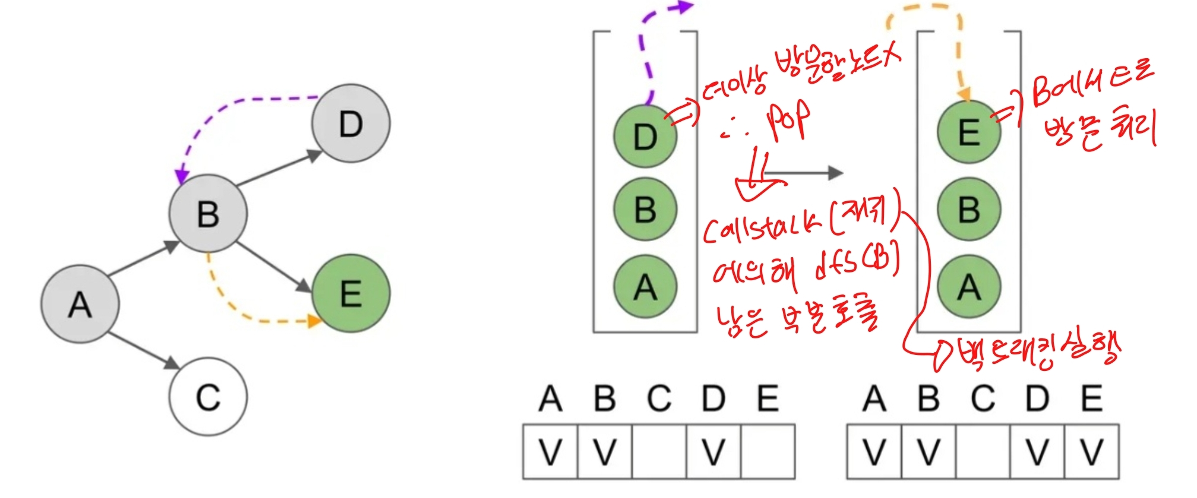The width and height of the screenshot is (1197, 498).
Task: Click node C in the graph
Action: click(x=208, y=397)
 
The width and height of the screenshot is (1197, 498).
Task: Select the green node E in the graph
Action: click(x=350, y=293)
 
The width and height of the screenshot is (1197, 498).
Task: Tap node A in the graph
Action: click(x=80, y=304)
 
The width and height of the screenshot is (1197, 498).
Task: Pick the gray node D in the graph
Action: click(x=350, y=123)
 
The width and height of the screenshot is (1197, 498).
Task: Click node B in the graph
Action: click(x=208, y=214)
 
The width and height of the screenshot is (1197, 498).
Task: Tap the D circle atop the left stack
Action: click(x=645, y=137)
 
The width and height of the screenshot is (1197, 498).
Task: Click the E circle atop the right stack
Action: click(x=969, y=132)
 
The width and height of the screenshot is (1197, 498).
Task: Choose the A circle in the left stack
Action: click(x=645, y=287)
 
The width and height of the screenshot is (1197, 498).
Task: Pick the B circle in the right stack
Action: click(x=969, y=209)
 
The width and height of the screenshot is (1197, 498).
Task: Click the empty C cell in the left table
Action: click(x=659, y=451)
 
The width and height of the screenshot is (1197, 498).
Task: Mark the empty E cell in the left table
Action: click(x=768, y=451)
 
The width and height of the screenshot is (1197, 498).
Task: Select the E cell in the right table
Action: click(x=1091, y=451)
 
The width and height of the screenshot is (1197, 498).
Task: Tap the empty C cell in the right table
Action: click(x=983, y=451)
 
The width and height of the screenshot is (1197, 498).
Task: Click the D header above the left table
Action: click(x=713, y=398)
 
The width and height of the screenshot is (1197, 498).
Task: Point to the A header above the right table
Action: click(x=874, y=398)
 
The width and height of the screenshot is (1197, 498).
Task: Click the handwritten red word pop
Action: click(x=787, y=122)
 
